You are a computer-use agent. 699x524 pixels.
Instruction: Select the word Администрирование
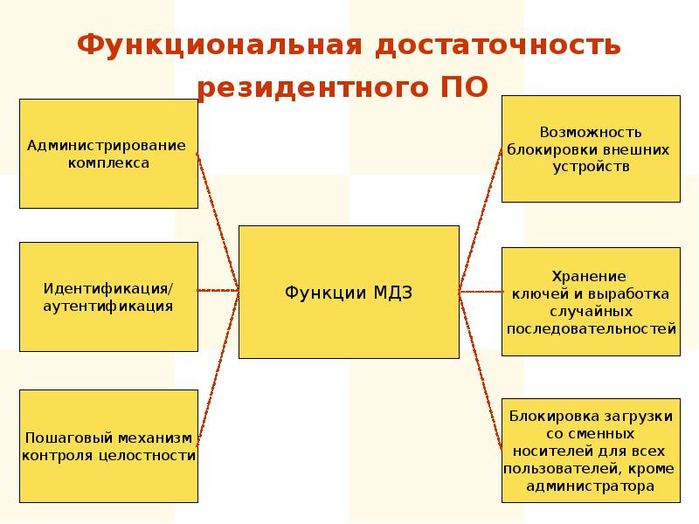[x=107, y=145]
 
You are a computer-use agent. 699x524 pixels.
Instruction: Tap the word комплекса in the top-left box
[x=108, y=162]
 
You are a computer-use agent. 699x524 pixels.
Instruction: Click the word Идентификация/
[x=108, y=288]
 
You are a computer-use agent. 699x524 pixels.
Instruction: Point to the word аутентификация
[x=108, y=306]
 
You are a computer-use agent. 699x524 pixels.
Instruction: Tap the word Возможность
[x=591, y=133]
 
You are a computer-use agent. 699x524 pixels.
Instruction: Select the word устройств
[x=591, y=166]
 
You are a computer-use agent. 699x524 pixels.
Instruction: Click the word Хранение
[x=590, y=277]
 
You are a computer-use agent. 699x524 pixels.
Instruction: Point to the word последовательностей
[x=591, y=329]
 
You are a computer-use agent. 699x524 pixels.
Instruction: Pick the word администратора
[x=590, y=486]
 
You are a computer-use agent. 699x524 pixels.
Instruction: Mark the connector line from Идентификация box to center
[x=218, y=290]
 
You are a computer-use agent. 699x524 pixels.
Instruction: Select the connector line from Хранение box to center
[x=481, y=291]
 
